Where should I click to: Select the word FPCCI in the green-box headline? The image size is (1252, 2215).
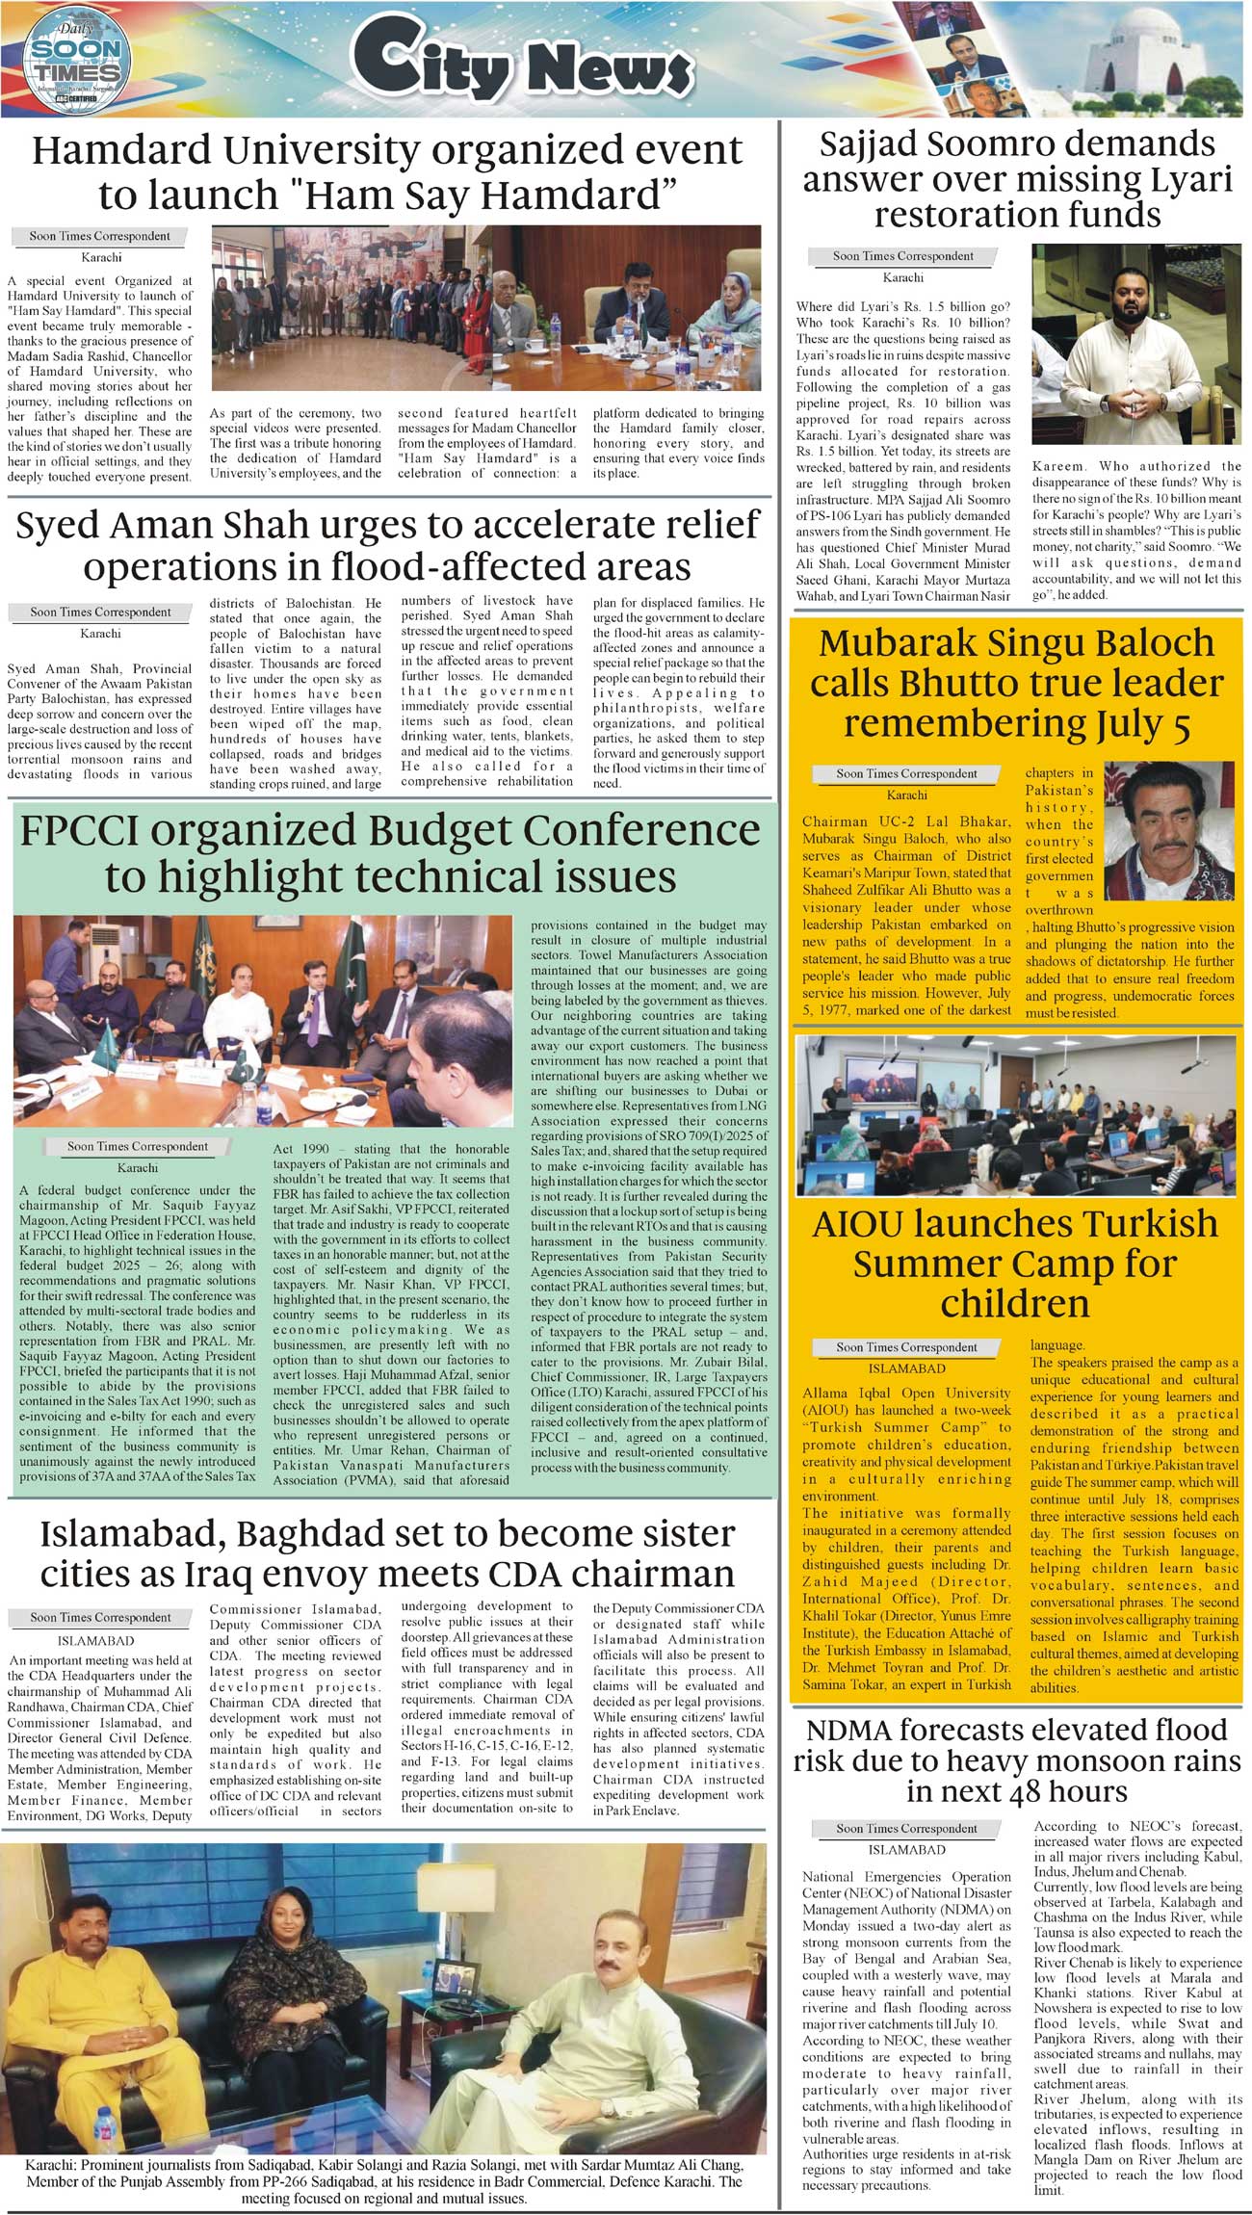(78, 830)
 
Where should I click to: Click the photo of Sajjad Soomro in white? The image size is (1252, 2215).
(1135, 347)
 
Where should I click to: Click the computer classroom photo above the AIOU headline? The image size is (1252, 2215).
(1016, 1114)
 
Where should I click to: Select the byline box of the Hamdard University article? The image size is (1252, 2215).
(99, 236)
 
